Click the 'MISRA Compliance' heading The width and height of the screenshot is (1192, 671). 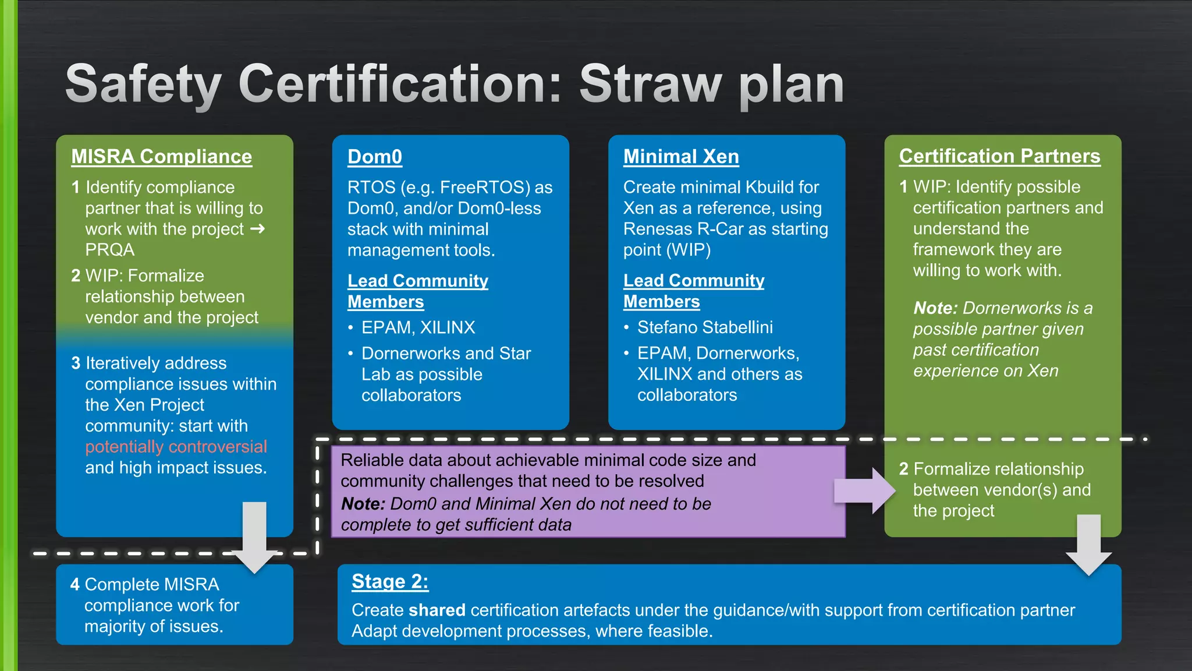(x=161, y=157)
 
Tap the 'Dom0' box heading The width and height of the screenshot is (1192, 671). (x=374, y=157)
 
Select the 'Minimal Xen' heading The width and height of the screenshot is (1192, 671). (x=680, y=157)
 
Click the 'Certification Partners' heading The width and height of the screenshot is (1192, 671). (x=999, y=156)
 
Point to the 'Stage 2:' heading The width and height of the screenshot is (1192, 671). (x=390, y=581)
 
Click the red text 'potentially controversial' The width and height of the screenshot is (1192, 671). (x=176, y=447)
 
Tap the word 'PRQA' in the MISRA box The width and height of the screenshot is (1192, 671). (x=109, y=250)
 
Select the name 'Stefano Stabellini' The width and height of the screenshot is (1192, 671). (x=705, y=327)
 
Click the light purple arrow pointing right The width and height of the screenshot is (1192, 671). (x=864, y=490)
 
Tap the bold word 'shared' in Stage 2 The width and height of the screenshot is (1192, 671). (x=437, y=610)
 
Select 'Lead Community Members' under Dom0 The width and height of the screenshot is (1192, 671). (x=417, y=291)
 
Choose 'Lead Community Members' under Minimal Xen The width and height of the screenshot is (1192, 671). (x=693, y=291)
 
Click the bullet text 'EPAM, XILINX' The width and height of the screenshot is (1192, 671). (x=418, y=327)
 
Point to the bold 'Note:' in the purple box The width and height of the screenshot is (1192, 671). (x=363, y=504)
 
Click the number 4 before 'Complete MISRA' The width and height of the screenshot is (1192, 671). (x=75, y=584)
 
